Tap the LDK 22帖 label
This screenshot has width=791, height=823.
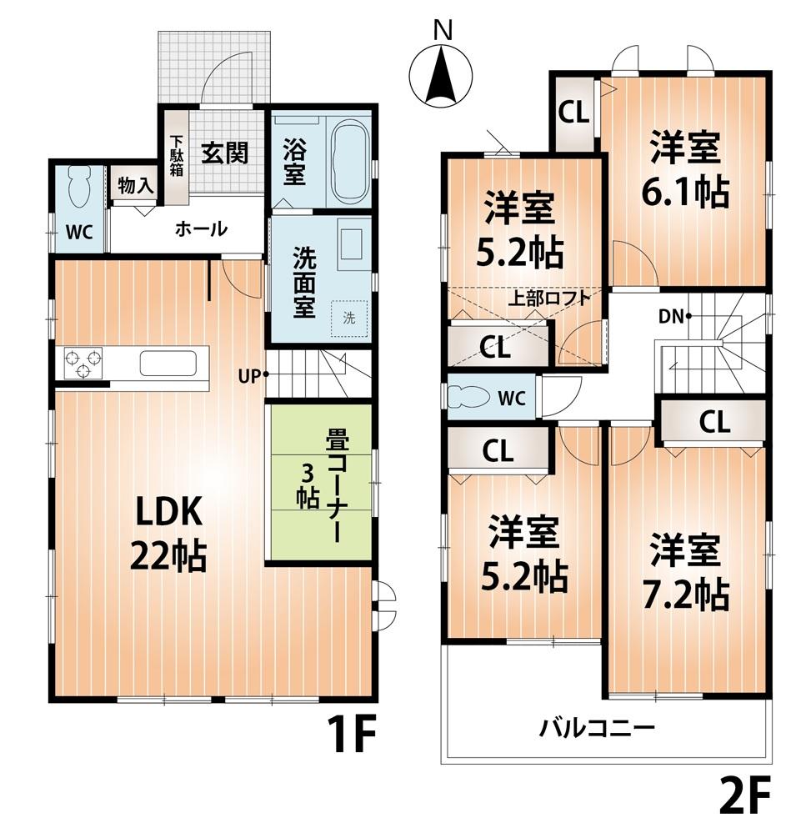[x=167, y=534]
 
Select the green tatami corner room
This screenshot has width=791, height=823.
[x=320, y=484]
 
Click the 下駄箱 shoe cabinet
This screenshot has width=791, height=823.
[x=177, y=157]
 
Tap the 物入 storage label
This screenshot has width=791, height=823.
[x=135, y=186]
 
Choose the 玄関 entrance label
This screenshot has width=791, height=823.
[x=225, y=153]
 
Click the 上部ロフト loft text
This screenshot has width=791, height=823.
[x=549, y=298]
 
